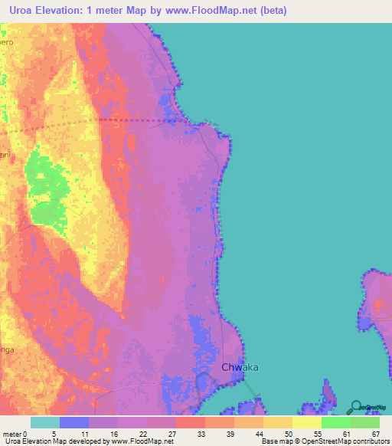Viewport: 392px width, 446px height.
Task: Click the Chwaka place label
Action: click(240, 367)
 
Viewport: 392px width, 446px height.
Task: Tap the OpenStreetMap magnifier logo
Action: click(357, 407)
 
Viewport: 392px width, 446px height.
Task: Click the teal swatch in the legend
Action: click(45, 422)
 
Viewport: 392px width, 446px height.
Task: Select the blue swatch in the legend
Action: click(74, 422)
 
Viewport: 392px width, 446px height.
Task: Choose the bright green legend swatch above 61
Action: click(336, 422)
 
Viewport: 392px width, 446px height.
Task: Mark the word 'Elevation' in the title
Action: click(67, 11)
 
